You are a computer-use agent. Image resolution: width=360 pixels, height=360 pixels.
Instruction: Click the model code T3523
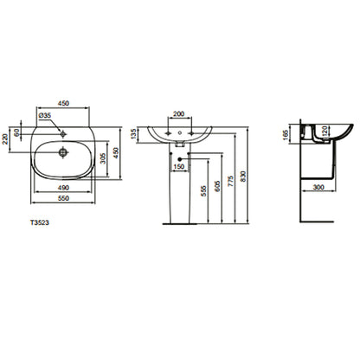click(40, 222)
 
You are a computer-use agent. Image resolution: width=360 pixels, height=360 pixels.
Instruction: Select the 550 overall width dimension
click(63, 198)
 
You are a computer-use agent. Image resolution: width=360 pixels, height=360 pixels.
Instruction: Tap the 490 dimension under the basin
click(63, 188)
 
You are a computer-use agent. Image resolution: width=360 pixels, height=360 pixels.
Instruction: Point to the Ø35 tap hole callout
click(45, 115)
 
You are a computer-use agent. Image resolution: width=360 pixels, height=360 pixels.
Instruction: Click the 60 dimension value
click(16, 132)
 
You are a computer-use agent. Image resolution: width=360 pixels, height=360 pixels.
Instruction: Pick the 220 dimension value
click(5, 139)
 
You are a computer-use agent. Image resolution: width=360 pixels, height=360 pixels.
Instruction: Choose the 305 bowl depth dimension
click(103, 158)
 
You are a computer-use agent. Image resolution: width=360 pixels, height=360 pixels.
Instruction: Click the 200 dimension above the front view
click(178, 113)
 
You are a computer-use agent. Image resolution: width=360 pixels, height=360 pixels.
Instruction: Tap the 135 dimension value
click(133, 134)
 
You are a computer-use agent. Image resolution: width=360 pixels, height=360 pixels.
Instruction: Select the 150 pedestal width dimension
click(179, 166)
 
